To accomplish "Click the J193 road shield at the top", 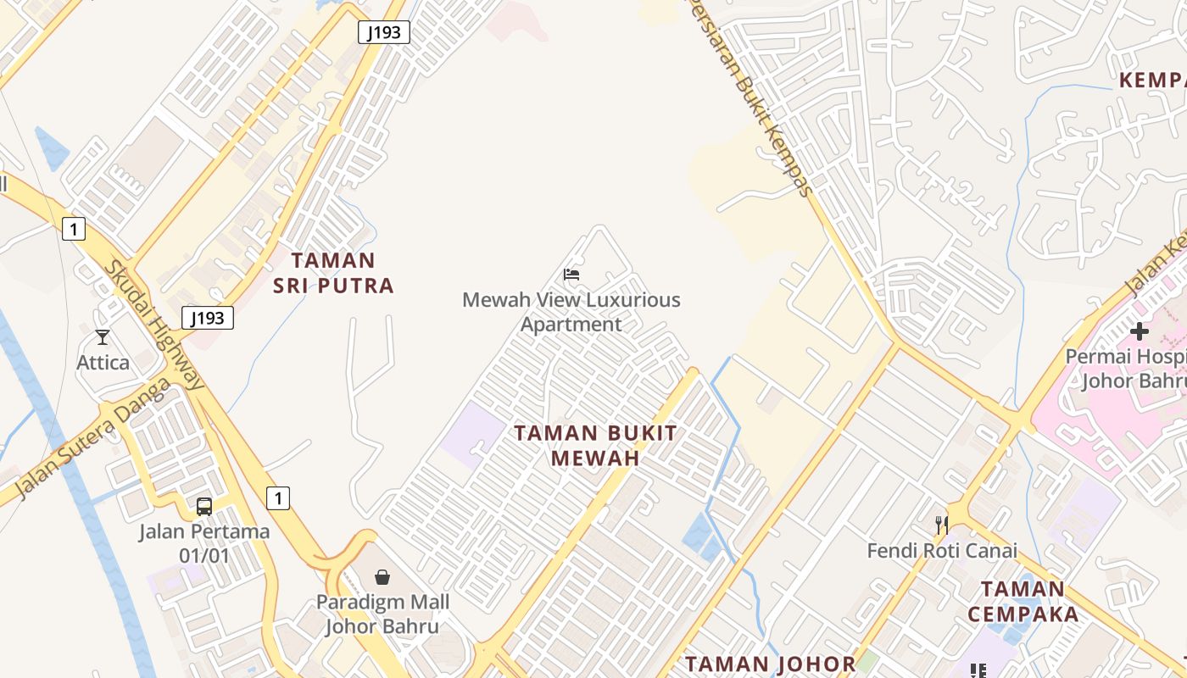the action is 384,32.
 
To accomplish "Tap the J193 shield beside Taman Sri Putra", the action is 207,318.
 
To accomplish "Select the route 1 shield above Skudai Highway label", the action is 74,228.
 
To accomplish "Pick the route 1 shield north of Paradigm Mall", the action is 277,497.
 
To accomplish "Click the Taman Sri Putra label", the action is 333,272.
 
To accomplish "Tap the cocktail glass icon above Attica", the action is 103,337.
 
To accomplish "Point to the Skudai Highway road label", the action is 154,325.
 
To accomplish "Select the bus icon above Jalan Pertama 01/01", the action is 204,507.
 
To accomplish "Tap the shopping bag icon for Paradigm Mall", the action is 382,577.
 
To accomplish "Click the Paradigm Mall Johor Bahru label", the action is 382,614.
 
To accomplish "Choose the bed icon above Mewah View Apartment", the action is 571,275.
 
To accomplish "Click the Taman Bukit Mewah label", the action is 595,445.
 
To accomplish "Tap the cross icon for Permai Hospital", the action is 1140,331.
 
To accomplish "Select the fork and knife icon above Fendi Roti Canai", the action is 941,525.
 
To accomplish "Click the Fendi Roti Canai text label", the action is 941,551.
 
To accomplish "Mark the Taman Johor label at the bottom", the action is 770,664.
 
